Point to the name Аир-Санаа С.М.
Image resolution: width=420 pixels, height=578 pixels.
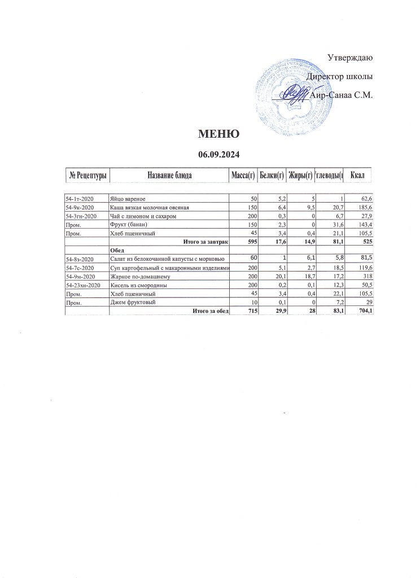pos(343,95)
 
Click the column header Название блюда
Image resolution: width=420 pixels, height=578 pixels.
pos(169,176)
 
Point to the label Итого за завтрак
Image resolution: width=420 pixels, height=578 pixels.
pos(206,242)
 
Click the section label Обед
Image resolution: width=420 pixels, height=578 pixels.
pos(117,250)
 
